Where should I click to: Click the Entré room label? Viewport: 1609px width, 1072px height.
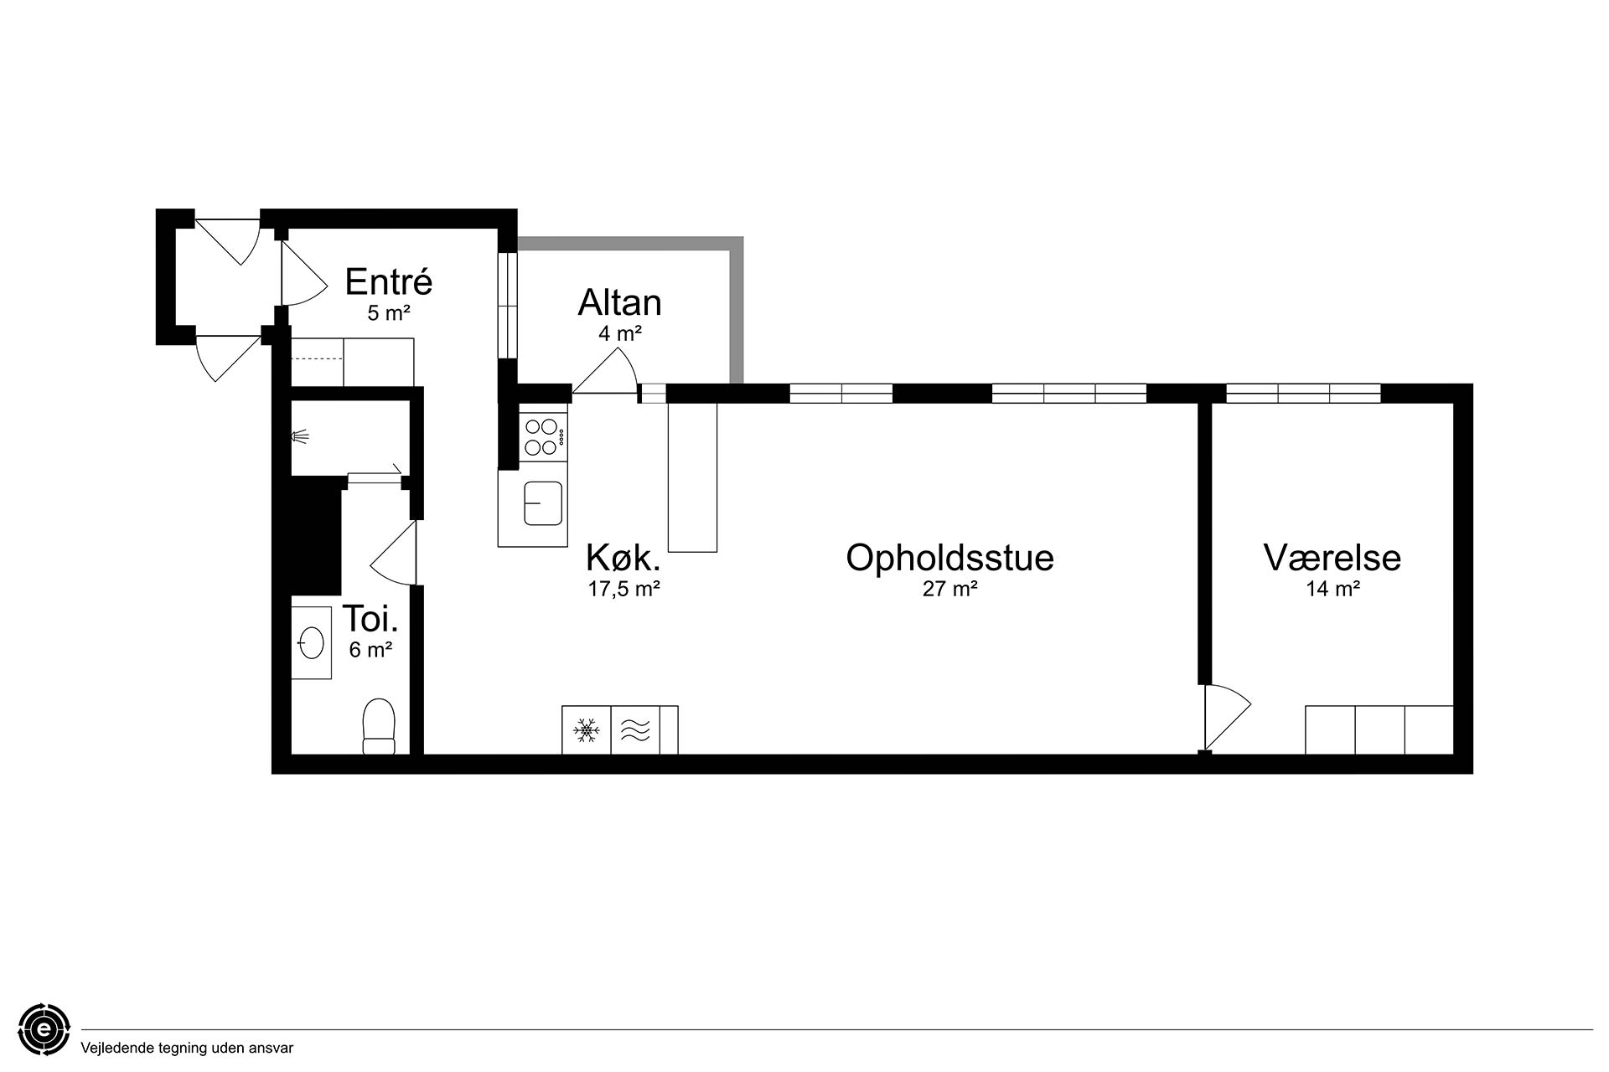coord(388,281)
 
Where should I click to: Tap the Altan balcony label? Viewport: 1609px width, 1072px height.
coord(619,302)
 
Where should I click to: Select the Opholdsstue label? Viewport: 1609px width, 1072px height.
coord(949,558)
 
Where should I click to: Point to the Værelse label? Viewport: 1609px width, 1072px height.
coord(1332,558)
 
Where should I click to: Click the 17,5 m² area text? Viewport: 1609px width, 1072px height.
coord(623,589)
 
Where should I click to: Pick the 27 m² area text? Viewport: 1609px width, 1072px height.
coord(950,589)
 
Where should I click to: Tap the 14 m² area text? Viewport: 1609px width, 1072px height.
coord(1332,589)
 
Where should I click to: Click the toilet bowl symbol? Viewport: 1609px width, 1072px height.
coord(379,726)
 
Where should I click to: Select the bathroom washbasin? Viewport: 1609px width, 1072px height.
coord(311,643)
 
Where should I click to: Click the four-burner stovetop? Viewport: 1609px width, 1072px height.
coord(542,436)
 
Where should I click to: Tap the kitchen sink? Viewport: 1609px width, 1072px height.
coord(542,503)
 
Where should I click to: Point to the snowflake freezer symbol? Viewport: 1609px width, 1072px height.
coord(587,730)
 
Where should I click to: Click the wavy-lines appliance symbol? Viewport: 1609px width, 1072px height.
coord(635,730)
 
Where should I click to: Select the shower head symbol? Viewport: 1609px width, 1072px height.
coord(300,435)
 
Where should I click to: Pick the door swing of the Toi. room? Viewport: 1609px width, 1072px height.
coord(394,553)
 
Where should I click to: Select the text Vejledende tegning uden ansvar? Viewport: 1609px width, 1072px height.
coord(187,1048)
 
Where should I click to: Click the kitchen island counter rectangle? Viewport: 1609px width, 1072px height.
coord(692,477)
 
